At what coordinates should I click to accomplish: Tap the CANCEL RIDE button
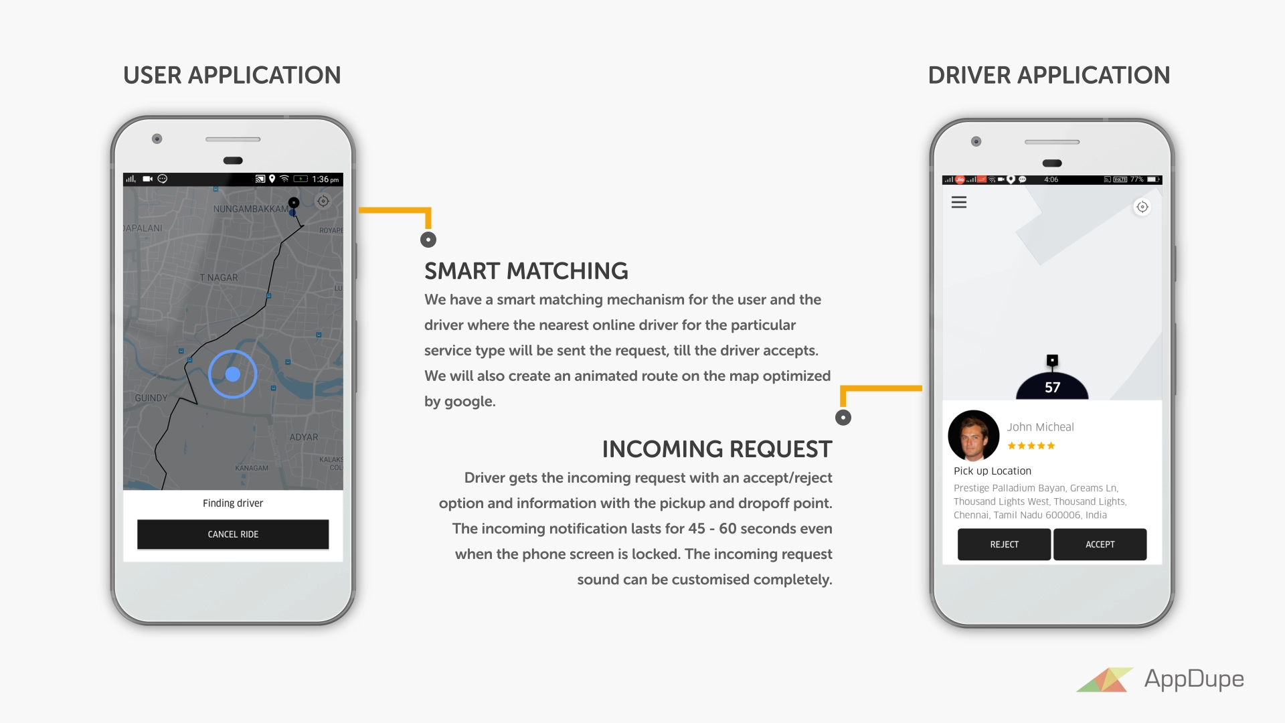point(233,534)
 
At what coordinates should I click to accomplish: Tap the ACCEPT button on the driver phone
point(1100,544)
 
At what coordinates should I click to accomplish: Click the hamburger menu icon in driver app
point(959,202)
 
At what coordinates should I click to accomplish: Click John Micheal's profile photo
point(973,436)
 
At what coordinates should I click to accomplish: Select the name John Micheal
point(1040,427)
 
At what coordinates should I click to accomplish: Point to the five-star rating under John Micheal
point(1031,446)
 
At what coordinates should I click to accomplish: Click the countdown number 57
point(1052,388)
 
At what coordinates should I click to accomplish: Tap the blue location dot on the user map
point(233,374)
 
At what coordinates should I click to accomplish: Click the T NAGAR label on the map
point(219,278)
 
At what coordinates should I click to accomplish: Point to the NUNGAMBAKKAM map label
point(250,209)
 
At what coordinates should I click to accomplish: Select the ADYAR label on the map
point(304,437)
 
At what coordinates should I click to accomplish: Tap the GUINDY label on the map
point(151,398)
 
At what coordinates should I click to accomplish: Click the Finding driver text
point(233,503)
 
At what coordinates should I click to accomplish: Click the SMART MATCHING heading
point(526,271)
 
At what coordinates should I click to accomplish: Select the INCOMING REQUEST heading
point(717,449)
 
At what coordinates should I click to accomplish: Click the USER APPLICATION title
point(232,76)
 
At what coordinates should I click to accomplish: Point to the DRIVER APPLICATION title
point(1049,76)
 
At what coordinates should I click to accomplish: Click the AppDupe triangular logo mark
point(1105,679)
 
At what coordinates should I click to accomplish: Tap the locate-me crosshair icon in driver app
point(1142,207)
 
